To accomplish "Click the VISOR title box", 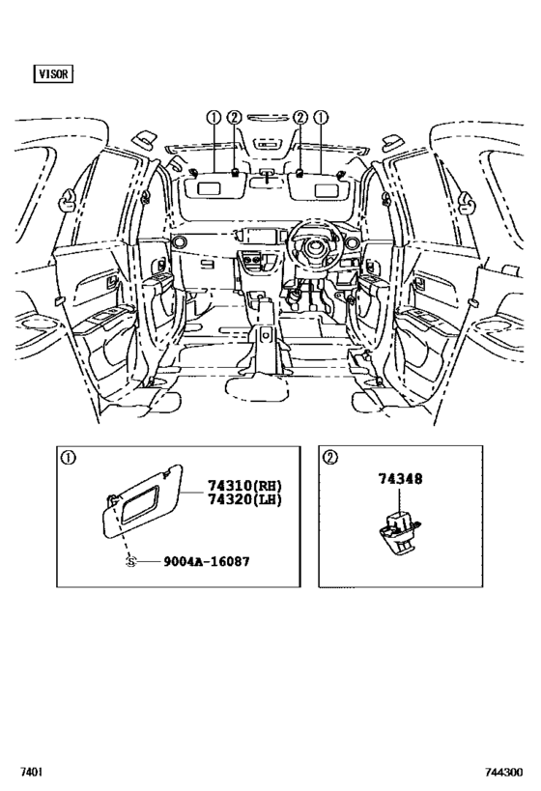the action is click(53, 73).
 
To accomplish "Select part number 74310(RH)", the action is click(244, 485).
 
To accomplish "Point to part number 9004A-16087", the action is click(207, 561).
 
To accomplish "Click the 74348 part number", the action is click(401, 478).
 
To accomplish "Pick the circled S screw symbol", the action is click(130, 561).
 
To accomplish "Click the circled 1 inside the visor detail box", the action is click(68, 458).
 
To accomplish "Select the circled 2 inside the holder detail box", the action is click(330, 458).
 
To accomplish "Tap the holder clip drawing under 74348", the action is click(400, 529).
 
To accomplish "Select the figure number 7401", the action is click(31, 772).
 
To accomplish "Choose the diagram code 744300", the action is click(504, 772).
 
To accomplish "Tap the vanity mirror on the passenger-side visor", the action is click(209, 188).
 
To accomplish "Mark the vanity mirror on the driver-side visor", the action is click(327, 189).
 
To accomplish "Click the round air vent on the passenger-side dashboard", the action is click(179, 242).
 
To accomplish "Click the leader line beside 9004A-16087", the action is click(149, 561).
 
